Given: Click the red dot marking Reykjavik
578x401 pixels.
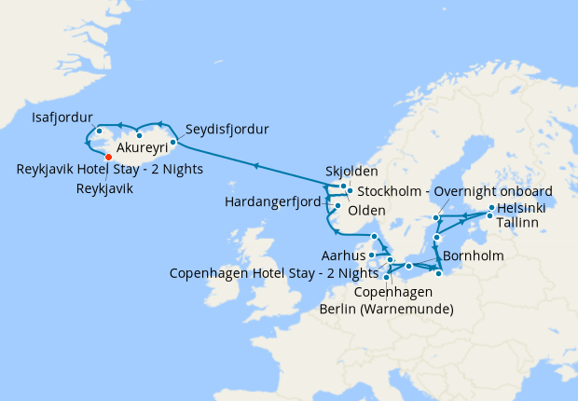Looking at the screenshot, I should tap(109, 157).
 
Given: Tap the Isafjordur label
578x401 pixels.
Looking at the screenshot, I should tap(62, 118).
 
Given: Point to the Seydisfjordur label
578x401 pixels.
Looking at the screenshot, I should tap(227, 129).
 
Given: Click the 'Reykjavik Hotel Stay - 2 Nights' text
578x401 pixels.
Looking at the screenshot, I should tap(109, 170).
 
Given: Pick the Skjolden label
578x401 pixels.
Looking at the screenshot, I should tap(351, 173).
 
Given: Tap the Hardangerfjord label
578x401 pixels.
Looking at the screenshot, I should tap(272, 201).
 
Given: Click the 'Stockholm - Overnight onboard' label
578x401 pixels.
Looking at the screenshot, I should tap(455, 191).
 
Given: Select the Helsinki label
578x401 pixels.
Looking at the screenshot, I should tap(522, 207).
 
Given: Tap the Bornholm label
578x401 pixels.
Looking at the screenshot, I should tap(474, 256).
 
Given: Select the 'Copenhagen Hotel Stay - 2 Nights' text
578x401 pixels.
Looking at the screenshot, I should tap(274, 273).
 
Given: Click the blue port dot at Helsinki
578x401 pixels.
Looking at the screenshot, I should tap(490, 207).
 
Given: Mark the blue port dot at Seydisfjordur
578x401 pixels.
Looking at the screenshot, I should tap(173, 143).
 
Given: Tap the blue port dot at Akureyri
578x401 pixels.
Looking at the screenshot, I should tap(139, 135).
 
